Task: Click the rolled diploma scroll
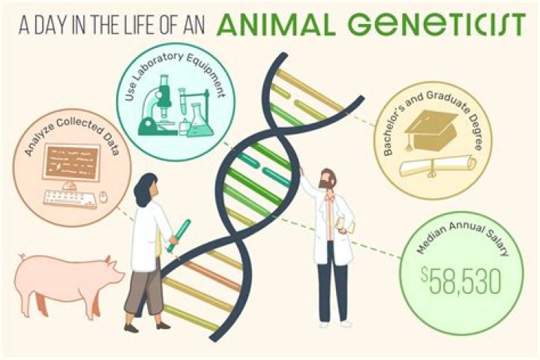pyautogui.click(x=439, y=164)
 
